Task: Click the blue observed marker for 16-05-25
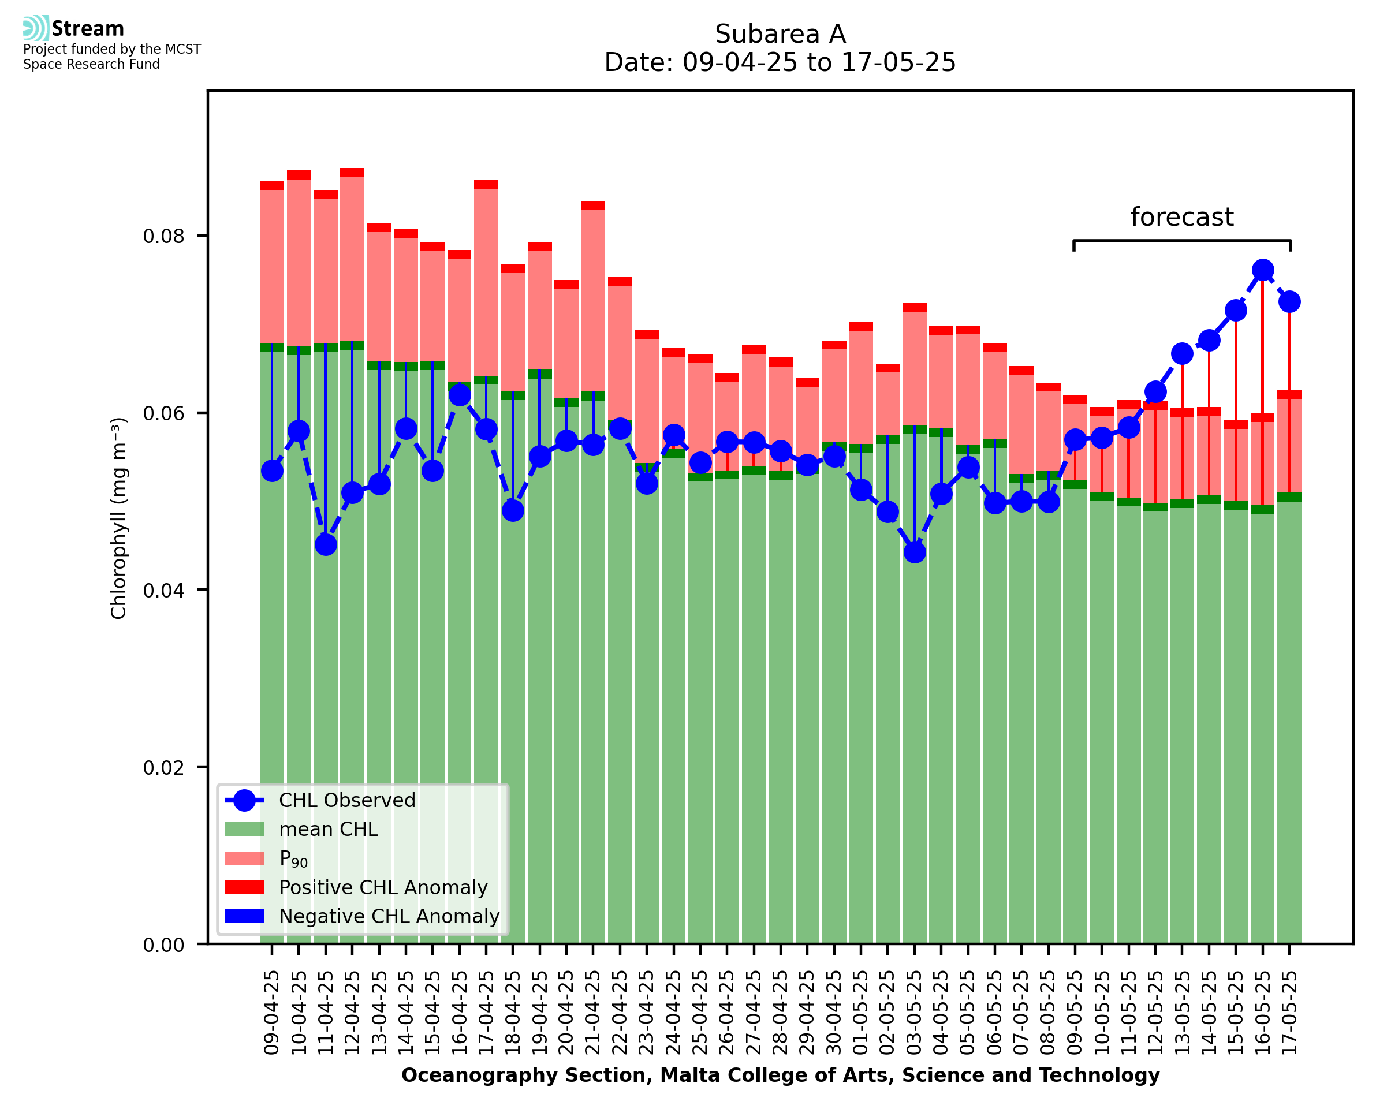1262,270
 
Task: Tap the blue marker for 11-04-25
326,545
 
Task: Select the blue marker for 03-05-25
915,552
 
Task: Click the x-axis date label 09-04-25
272,1013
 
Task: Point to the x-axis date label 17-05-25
1289,1013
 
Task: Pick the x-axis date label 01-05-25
861,1013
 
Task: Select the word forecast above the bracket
1182,217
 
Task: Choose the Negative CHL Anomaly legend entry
389,916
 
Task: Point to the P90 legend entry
293,858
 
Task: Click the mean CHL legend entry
329,829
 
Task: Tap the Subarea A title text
780,34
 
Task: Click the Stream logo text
88,29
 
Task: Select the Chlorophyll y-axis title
119,518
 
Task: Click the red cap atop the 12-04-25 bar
352,173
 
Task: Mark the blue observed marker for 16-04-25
459,395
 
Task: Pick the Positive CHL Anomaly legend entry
383,887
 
